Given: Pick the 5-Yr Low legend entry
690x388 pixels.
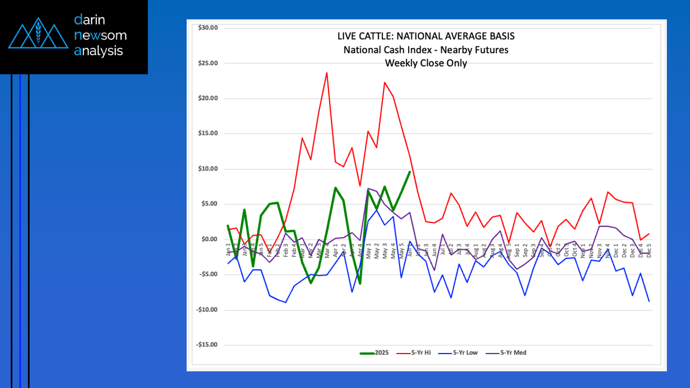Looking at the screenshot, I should click(x=460, y=353).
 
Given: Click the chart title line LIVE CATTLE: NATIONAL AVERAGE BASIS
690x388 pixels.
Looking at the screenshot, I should click(x=425, y=37).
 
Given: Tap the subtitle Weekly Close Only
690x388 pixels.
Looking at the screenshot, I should click(x=425, y=63).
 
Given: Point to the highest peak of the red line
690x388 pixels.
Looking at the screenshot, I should click(x=326, y=73).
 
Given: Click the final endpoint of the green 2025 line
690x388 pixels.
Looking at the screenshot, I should click(x=410, y=172).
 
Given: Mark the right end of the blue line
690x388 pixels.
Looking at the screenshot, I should click(x=649, y=301).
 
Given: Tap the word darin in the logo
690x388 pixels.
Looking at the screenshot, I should click(x=89, y=20).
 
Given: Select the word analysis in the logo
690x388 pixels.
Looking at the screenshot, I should click(x=98, y=51).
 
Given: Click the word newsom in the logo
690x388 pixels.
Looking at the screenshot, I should click(x=101, y=36).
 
